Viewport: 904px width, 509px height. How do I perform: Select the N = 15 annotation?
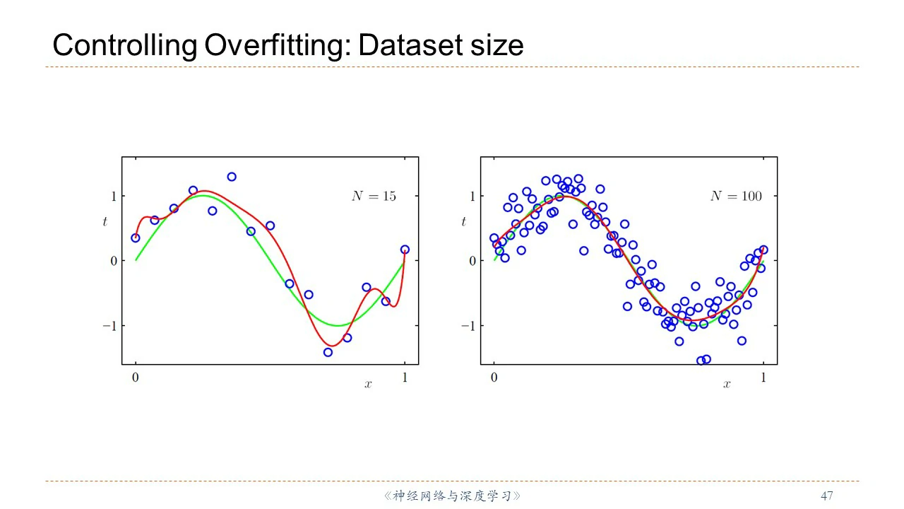pyautogui.click(x=374, y=197)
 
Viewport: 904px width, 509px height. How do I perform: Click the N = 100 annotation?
pyautogui.click(x=736, y=197)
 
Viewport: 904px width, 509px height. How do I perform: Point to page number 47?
pyautogui.click(x=827, y=496)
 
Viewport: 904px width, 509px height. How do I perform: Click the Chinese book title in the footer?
pyautogui.click(x=452, y=496)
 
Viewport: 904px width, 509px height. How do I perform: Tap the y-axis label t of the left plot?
pyautogui.click(x=105, y=222)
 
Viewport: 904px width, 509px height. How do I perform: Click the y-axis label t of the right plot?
pyautogui.click(x=463, y=222)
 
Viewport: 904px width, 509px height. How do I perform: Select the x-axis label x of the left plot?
pyautogui.click(x=368, y=384)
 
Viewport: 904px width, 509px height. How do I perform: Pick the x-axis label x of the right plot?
pyautogui.click(x=727, y=384)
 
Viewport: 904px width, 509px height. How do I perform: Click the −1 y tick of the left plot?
pyautogui.click(x=107, y=326)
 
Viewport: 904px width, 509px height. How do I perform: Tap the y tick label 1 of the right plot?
pyautogui.click(x=472, y=196)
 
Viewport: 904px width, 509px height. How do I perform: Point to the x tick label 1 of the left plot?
pyautogui.click(x=405, y=378)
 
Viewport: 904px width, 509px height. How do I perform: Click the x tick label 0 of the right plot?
pyautogui.click(x=494, y=378)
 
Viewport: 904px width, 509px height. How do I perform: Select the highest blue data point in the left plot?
pyautogui.click(x=232, y=177)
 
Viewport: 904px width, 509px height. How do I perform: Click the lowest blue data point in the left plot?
pyautogui.click(x=328, y=352)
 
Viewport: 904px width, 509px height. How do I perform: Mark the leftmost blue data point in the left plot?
pyautogui.click(x=136, y=238)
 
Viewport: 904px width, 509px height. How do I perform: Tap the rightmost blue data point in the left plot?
pyautogui.click(x=405, y=250)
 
